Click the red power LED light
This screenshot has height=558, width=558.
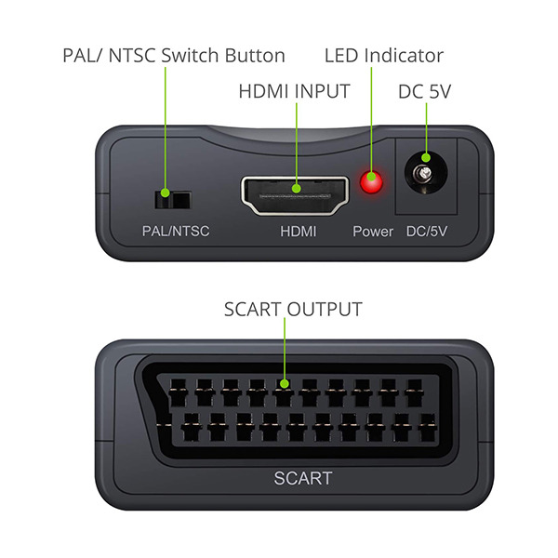pos(371,181)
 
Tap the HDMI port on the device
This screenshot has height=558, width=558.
pos(295,196)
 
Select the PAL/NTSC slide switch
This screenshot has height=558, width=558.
pos(173,200)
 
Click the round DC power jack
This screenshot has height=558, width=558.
pos(426,174)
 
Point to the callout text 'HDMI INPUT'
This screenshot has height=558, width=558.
pos(294,91)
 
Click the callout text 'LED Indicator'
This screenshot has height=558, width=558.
pos(384,56)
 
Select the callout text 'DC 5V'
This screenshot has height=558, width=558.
pos(425,92)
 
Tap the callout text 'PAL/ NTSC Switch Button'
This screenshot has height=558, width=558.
pos(174,56)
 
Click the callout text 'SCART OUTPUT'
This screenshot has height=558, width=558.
pos(293,310)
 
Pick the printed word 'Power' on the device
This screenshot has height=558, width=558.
pos(373,232)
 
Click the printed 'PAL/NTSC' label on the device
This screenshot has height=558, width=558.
pos(176,231)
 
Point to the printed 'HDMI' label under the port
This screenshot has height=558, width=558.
pos(299,232)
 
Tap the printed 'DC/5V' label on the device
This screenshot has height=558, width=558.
pos(427,232)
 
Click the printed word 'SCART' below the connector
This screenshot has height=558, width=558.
pos(303,478)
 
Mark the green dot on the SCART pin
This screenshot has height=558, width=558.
pos(284,383)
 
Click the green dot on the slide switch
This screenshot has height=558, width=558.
pos(165,193)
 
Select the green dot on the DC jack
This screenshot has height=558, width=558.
pos(426,158)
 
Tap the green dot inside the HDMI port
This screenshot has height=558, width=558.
pos(296,188)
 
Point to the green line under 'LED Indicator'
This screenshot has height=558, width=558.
pos(371,120)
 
